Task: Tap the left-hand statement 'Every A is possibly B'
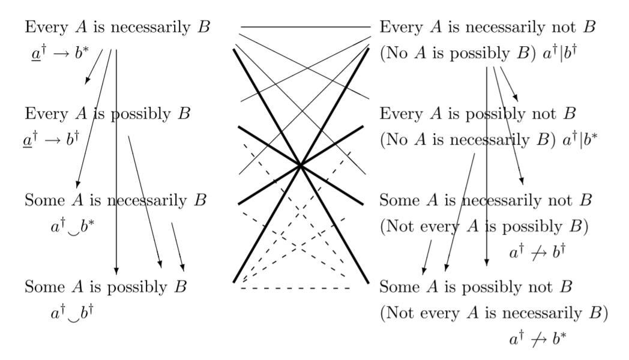[x=107, y=114]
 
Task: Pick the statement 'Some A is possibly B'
[x=106, y=286]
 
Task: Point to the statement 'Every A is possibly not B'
[x=478, y=114]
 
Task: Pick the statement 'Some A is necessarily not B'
[x=486, y=200]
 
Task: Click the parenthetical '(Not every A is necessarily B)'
[x=494, y=313]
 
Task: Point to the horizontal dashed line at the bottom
[x=296, y=289]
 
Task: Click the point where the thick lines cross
[x=301, y=165]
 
